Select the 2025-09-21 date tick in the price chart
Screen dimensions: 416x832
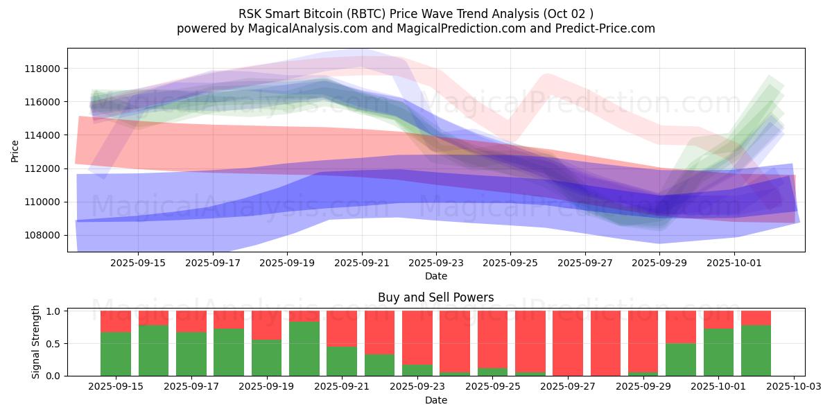[x=361, y=263]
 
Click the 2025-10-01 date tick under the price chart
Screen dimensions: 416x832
[x=734, y=263]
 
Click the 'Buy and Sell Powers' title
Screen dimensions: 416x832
[x=435, y=297]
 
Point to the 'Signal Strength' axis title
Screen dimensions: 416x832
[x=36, y=342]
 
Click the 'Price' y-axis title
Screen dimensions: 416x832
[x=15, y=150]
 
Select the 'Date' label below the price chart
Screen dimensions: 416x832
[x=435, y=276]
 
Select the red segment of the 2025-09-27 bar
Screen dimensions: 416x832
[x=567, y=343]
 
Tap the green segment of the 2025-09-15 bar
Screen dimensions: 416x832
[x=116, y=354]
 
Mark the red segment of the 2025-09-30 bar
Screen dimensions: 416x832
[x=680, y=327]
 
